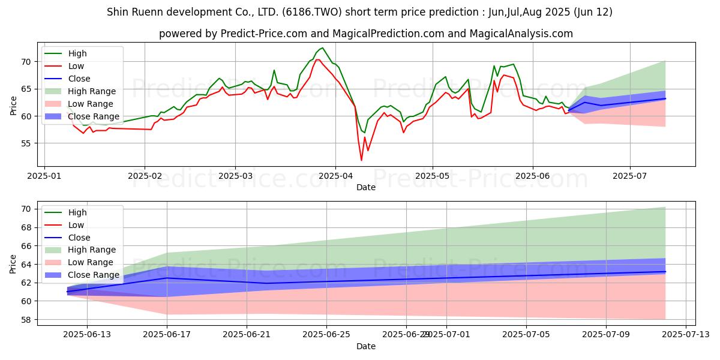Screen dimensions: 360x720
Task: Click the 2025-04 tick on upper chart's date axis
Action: click(335, 177)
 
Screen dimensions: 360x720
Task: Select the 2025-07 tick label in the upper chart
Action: click(630, 177)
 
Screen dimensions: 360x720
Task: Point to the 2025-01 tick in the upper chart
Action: click(45, 177)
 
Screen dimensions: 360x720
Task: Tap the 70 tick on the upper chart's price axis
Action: click(26, 61)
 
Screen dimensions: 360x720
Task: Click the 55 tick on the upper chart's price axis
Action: click(26, 143)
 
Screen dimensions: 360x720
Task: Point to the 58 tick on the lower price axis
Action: click(26, 320)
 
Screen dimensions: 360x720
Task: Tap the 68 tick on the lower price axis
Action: click(26, 227)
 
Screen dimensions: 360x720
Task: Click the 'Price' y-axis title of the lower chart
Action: click(13, 264)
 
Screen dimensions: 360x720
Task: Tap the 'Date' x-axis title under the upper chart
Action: click(366, 187)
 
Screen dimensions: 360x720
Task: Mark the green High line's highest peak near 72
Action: click(322, 48)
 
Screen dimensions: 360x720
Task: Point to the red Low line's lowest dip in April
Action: click(361, 160)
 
